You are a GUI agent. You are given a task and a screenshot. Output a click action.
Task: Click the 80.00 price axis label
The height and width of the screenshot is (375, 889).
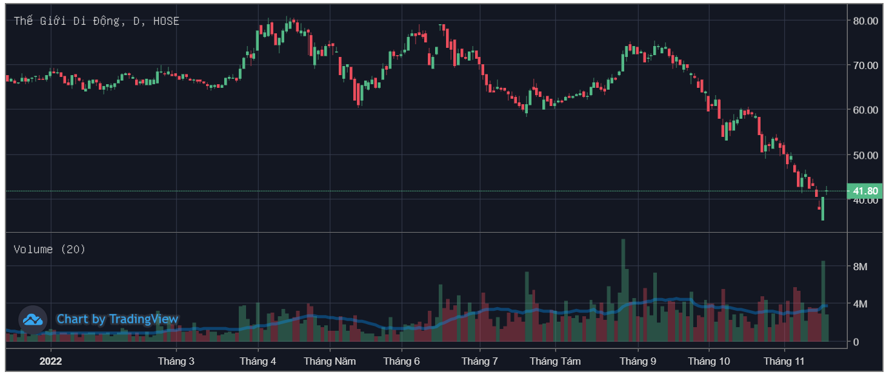pyautogui.click(x=865, y=21)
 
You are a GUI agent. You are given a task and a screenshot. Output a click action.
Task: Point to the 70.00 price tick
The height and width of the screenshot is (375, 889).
pyautogui.click(x=865, y=65)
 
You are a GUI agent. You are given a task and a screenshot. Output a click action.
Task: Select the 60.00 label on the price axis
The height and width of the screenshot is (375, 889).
pyautogui.click(x=865, y=110)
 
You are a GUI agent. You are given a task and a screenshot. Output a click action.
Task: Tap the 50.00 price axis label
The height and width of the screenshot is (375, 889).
pyautogui.click(x=865, y=155)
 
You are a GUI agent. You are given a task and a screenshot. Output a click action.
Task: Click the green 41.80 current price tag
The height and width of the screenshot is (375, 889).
pyautogui.click(x=865, y=191)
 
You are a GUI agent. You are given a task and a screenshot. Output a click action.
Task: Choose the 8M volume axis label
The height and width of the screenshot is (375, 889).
pyautogui.click(x=860, y=267)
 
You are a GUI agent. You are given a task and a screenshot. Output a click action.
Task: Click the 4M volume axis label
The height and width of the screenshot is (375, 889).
pyautogui.click(x=860, y=304)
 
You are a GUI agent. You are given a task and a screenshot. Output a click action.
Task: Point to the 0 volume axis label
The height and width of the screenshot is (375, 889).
pyautogui.click(x=856, y=342)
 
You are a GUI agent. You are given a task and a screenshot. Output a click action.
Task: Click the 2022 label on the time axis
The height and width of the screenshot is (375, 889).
pyautogui.click(x=51, y=362)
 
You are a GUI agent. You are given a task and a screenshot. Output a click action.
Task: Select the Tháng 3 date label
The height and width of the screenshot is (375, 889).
pyautogui.click(x=176, y=362)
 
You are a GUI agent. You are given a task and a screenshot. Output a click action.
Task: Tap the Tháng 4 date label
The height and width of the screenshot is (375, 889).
pyautogui.click(x=258, y=362)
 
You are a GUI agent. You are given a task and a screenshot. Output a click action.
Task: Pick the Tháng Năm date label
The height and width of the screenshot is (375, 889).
pyautogui.click(x=330, y=362)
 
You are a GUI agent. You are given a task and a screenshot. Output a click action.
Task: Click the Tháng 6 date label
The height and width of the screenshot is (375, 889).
pyautogui.click(x=401, y=362)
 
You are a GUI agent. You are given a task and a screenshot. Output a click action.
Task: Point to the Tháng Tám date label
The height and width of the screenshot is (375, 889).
pyautogui.click(x=555, y=362)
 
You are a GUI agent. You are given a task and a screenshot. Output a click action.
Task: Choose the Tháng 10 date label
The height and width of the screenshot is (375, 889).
pyautogui.click(x=709, y=362)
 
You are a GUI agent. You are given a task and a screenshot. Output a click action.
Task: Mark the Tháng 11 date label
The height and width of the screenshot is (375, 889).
pyautogui.click(x=784, y=362)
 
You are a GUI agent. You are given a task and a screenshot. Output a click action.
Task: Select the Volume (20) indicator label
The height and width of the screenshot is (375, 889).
pyautogui.click(x=50, y=249)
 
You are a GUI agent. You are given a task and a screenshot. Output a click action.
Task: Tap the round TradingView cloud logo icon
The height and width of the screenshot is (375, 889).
pyautogui.click(x=33, y=319)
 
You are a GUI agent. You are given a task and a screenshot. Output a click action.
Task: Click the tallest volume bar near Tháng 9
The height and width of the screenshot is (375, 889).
pyautogui.click(x=623, y=291)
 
